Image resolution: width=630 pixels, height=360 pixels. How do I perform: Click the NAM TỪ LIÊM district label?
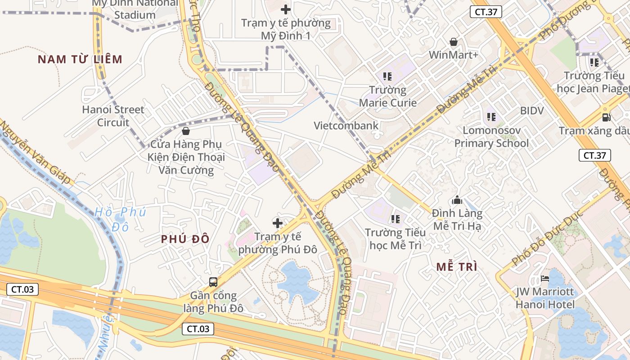point(80,59)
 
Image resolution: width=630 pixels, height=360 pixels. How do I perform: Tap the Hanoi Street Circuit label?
point(113,116)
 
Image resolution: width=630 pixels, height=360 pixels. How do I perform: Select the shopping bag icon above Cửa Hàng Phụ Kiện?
point(185,131)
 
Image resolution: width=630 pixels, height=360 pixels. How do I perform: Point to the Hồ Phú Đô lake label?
point(121,219)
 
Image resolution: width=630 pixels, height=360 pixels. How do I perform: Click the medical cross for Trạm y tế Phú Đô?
point(278,223)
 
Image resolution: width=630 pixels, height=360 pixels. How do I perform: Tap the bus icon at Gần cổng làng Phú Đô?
point(213,282)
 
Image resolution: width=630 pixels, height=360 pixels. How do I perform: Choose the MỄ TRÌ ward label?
point(457,266)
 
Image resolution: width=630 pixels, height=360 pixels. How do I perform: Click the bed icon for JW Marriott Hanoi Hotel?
point(545,279)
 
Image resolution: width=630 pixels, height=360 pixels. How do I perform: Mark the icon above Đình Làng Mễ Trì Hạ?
point(457,200)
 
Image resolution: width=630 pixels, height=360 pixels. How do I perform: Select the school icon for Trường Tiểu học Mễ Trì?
point(396,219)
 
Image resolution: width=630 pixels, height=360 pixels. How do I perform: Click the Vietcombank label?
point(346,126)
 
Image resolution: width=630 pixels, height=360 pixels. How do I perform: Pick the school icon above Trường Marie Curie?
point(387,76)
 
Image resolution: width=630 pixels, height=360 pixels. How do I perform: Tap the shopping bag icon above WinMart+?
point(454,42)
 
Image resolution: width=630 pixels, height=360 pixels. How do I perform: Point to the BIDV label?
point(532,111)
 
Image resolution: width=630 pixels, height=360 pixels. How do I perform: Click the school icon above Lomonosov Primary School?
point(491,117)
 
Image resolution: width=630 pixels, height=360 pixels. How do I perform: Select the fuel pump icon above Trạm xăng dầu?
point(607,117)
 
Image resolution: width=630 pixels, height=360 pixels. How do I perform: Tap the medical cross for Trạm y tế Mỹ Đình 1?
point(286,9)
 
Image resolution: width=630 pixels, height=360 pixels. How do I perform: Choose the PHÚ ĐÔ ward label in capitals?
point(185,239)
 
